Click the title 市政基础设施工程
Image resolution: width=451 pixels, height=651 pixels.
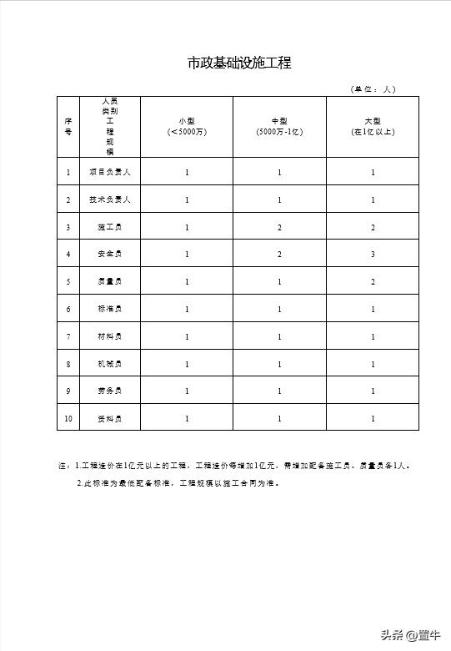[x=238, y=63]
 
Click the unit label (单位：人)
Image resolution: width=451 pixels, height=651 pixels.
[x=373, y=88]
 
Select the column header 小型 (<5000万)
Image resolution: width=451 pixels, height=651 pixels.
[x=187, y=126]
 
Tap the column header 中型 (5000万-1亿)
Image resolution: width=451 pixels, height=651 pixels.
[x=279, y=126]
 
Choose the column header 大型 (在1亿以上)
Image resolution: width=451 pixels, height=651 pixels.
[x=373, y=126]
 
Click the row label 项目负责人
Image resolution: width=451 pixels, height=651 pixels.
[x=109, y=172]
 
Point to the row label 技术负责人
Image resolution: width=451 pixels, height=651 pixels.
[x=109, y=199]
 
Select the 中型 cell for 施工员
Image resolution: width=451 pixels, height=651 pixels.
[x=279, y=227]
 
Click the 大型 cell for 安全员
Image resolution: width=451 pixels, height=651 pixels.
[x=373, y=254]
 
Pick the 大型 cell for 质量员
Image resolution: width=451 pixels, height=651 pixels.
[x=373, y=281]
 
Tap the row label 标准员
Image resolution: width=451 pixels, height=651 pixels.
[x=109, y=309]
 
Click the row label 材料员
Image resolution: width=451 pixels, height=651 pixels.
[x=109, y=336]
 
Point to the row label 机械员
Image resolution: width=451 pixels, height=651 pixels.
[x=109, y=364]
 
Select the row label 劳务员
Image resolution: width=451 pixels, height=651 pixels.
[x=109, y=391]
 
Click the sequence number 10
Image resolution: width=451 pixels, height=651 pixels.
[x=68, y=418]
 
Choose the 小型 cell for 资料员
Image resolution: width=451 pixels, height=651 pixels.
[x=187, y=418]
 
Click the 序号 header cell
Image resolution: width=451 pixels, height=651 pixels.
[x=68, y=126]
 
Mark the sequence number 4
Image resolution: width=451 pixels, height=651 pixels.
[x=68, y=254]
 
